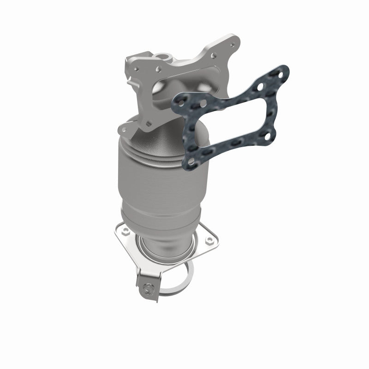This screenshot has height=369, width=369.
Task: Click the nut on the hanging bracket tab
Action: pyautogui.click(x=147, y=289)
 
